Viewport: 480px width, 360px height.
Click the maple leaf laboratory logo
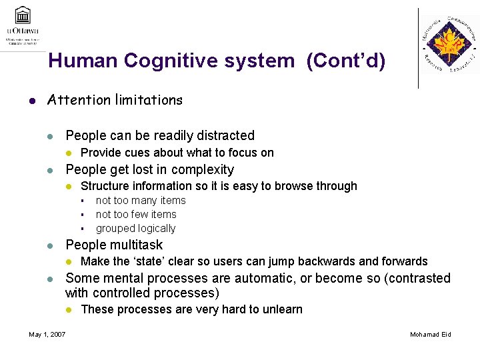point(448,45)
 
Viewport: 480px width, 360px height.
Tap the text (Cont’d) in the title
point(345,61)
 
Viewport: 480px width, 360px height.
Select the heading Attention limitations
point(114,100)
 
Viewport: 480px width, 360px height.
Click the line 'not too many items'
point(141,200)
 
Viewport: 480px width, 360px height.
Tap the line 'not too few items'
point(136,214)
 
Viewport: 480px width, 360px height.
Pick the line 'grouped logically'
point(135,228)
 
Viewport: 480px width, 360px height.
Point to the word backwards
point(348,261)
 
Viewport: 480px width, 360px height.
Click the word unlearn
point(281,309)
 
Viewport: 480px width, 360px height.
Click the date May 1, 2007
point(47,334)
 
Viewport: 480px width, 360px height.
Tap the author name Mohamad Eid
point(430,334)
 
